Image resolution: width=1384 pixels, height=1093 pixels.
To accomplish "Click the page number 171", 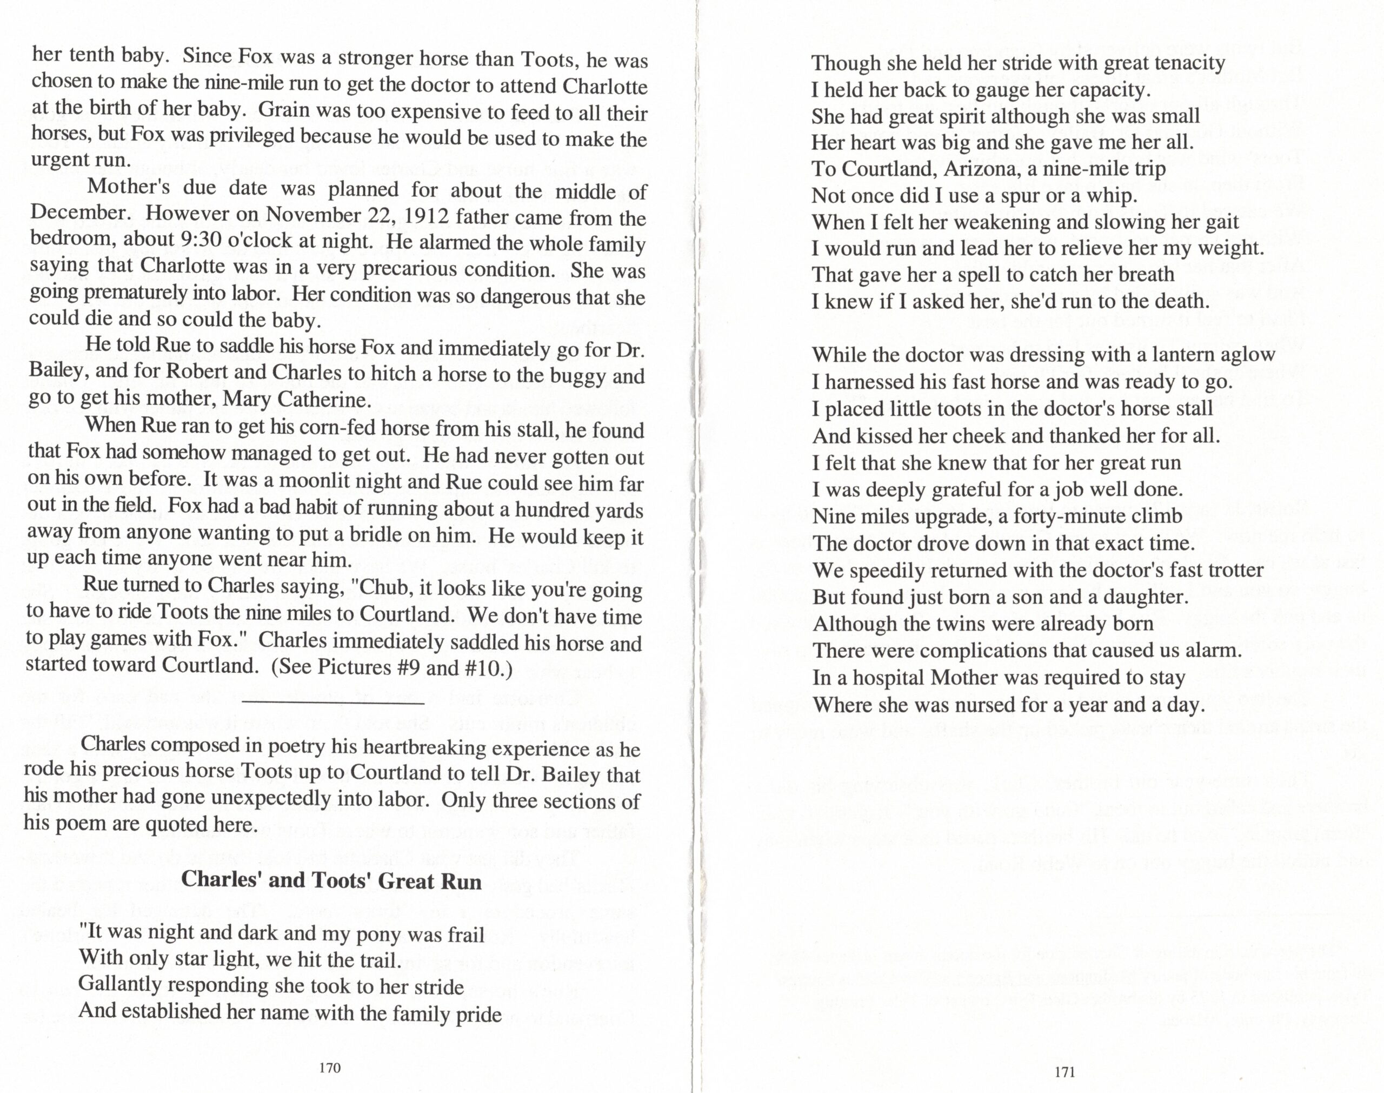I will click(x=1064, y=1072).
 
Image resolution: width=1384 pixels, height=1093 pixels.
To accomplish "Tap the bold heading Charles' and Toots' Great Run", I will click(x=331, y=880).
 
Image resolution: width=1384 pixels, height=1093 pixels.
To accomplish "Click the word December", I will click(x=81, y=212).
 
